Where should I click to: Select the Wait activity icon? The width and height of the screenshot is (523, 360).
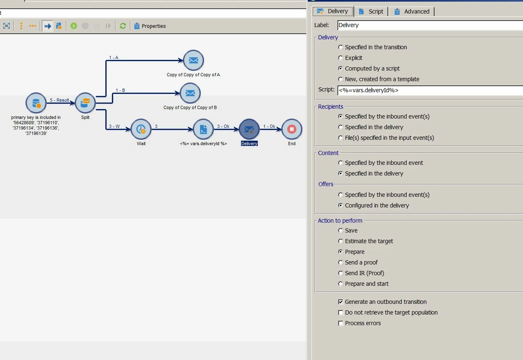coord(141,129)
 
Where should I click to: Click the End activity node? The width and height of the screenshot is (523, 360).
coord(291,129)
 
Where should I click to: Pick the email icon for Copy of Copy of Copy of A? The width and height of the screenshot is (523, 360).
coord(193,61)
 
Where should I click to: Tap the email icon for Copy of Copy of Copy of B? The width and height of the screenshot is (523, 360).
coord(190,93)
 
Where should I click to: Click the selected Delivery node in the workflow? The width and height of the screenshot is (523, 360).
coord(249,129)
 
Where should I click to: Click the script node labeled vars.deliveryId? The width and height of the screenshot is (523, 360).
coord(203,129)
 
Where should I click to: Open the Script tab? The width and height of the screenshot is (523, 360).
coord(371,11)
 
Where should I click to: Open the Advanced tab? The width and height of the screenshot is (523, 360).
coord(412,11)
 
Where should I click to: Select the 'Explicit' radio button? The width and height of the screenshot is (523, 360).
coord(341,58)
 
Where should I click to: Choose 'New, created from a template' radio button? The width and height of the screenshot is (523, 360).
coord(341,79)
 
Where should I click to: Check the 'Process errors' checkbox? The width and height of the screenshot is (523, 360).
coord(341,323)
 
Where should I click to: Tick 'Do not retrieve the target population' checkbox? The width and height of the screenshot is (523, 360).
coord(341,312)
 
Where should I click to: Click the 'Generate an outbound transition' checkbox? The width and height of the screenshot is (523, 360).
coord(341,302)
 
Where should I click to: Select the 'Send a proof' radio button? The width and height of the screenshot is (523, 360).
coord(341,262)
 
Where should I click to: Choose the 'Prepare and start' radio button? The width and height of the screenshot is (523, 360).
coord(341,284)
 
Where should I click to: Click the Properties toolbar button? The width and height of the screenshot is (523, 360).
coord(150,26)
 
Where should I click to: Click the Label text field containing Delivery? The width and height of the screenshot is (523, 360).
coord(430,25)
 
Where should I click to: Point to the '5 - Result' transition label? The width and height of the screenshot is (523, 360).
coord(59,100)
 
